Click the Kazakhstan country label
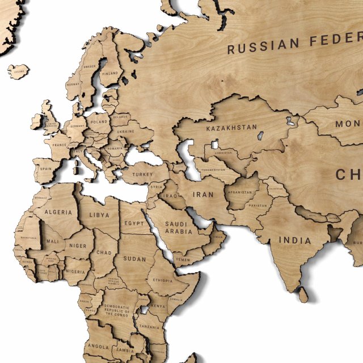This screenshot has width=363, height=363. click(231, 128)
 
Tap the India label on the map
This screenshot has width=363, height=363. click(294, 240)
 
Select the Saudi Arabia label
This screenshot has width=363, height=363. click(179, 227)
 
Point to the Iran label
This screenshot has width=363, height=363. click(203, 194)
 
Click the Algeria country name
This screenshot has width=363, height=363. click(58, 212)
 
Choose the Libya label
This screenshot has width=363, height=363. click(99, 216)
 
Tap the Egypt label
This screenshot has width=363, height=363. click(135, 223)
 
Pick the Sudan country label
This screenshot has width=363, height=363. click(134, 259)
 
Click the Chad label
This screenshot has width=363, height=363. click(104, 252)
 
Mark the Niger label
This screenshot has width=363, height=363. click(78, 246)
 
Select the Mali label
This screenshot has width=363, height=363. click(52, 242)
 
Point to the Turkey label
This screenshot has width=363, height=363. click(143, 175)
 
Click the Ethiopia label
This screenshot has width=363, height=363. click(163, 280)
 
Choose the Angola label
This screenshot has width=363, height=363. click(98, 346)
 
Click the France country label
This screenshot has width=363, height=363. click(61, 144)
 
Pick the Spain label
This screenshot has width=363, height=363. click(46, 169)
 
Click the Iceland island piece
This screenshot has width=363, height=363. click(18, 71)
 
